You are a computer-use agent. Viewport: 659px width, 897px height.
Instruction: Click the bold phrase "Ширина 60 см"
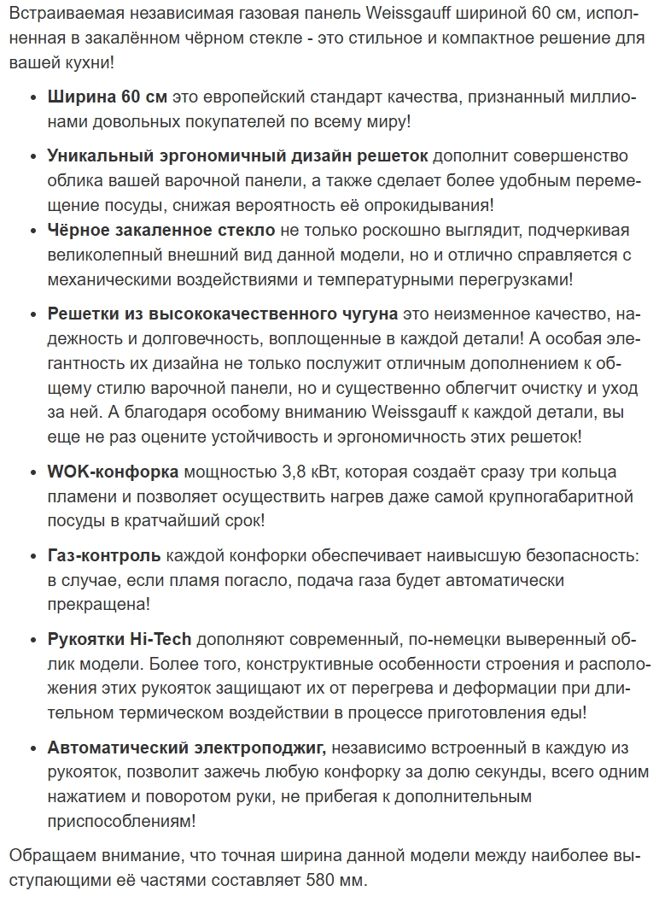click(108, 97)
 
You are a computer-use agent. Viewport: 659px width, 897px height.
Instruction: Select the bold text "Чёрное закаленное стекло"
click(161, 230)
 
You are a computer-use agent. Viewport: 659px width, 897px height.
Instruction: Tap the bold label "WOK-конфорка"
click(113, 472)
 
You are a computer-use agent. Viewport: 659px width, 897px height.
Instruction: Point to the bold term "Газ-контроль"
click(104, 556)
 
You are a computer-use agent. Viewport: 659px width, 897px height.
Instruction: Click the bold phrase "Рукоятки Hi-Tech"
click(120, 640)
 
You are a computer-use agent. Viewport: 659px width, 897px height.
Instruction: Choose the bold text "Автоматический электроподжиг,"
click(187, 748)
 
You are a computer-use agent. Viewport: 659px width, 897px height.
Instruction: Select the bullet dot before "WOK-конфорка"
click(32, 473)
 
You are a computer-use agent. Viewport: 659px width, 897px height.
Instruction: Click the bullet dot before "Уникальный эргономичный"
click(32, 157)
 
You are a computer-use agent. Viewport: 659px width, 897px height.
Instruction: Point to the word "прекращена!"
click(98, 605)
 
